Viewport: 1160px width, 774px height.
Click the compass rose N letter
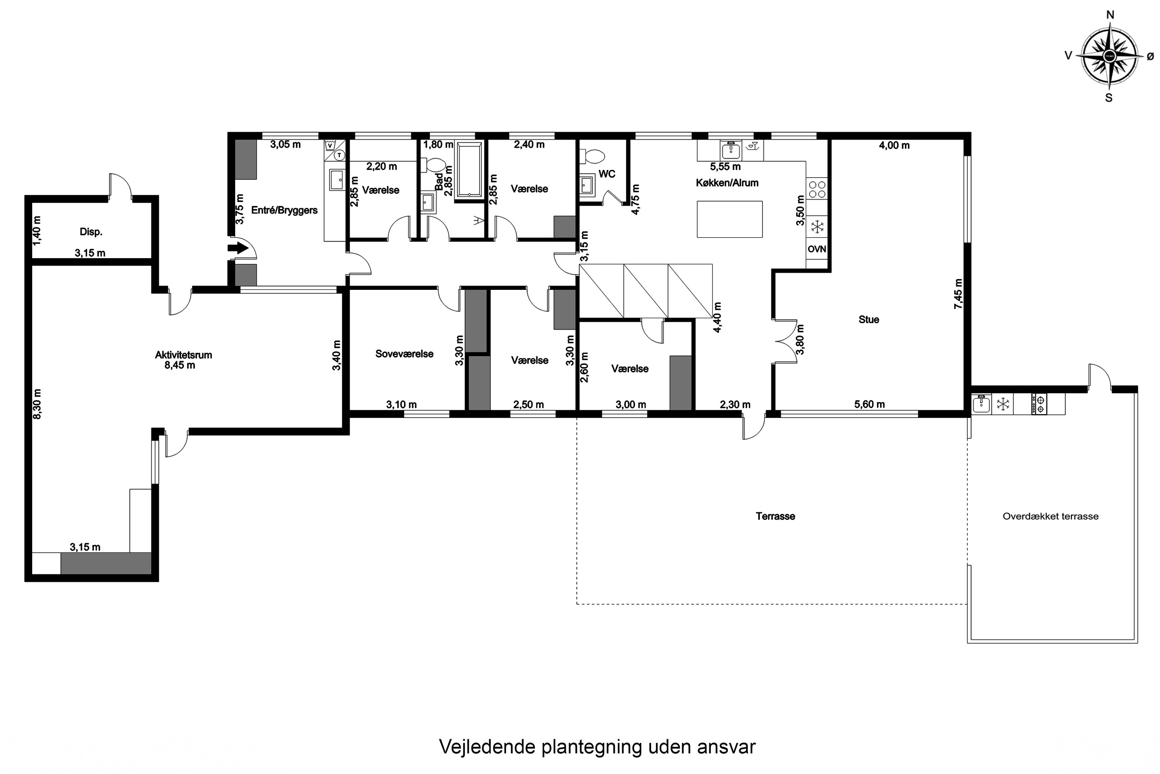(x=1110, y=15)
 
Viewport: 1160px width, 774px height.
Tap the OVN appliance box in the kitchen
(x=817, y=249)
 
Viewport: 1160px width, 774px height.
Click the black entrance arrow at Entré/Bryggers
(x=238, y=247)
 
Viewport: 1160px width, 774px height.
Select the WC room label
(x=607, y=174)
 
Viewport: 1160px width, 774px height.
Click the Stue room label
(x=868, y=319)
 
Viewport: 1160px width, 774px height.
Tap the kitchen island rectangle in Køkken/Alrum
(x=729, y=219)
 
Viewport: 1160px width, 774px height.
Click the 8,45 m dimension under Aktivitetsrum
(x=179, y=365)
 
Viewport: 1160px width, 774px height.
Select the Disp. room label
(x=91, y=231)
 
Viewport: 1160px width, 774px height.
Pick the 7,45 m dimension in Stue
(x=958, y=294)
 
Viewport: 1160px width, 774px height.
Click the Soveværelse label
(x=404, y=353)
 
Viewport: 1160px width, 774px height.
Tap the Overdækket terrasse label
(x=1051, y=516)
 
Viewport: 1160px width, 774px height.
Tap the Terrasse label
(x=775, y=516)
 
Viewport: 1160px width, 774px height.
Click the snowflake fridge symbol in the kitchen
(x=818, y=228)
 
